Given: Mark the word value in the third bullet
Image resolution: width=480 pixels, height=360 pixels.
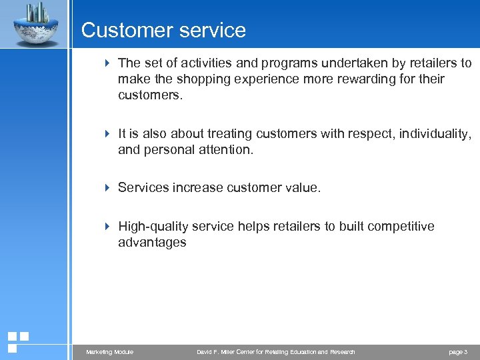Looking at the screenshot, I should click(302, 188).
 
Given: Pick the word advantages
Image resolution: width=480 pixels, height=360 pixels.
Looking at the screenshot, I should click(152, 243).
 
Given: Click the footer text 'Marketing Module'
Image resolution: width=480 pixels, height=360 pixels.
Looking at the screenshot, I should click(110, 352).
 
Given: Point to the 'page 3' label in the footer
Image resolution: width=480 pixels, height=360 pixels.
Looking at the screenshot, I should click(458, 352).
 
